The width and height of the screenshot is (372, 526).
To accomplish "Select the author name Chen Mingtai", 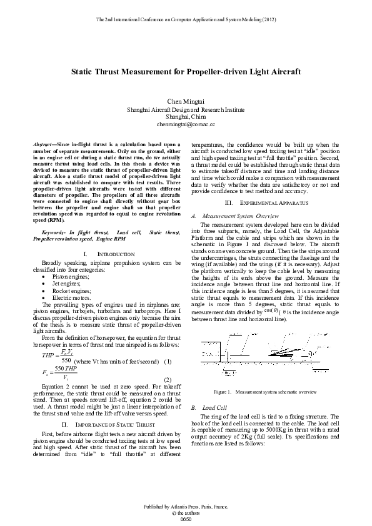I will point(186,101).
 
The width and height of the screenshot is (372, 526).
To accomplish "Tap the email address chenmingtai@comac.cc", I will point(186,125).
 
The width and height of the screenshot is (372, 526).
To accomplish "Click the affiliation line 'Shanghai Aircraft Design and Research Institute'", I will point(186,109).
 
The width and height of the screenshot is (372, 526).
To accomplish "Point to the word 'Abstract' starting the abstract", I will point(43,144).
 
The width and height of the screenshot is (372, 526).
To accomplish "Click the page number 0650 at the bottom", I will point(185,519).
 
